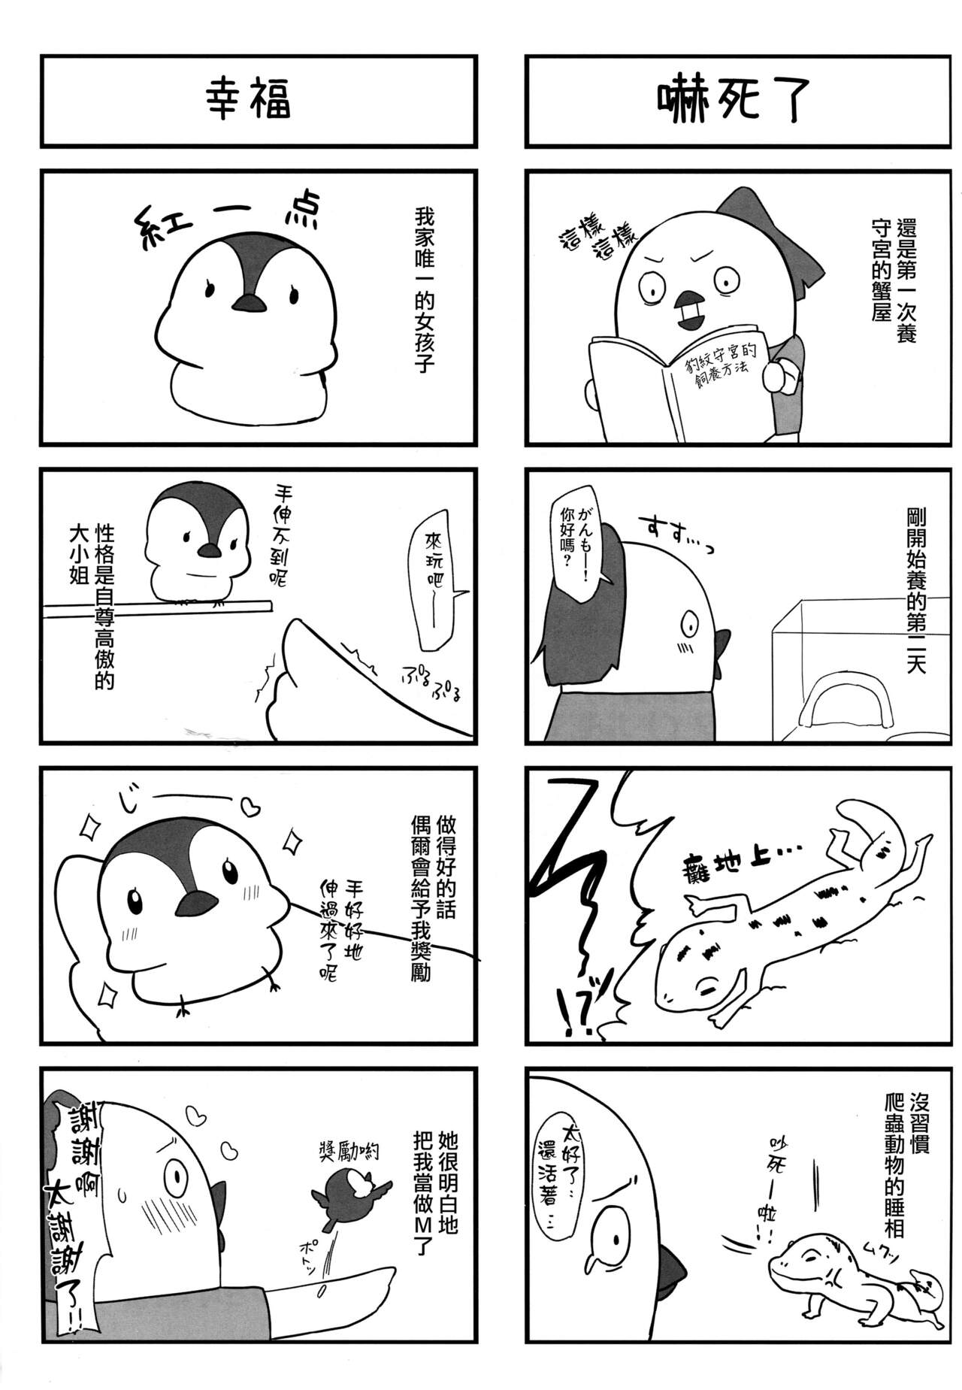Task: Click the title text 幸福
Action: (248, 101)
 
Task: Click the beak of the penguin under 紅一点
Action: (248, 302)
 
